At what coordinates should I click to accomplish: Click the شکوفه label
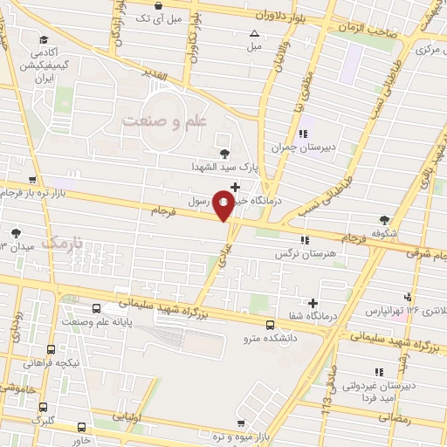click(382, 233)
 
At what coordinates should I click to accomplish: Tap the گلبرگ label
click(45, 421)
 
